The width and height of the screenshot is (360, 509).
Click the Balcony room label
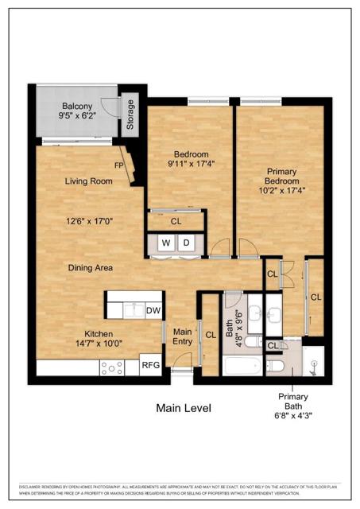click(78, 107)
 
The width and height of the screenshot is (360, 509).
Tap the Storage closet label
click(130, 115)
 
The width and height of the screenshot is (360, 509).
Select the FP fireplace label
click(118, 165)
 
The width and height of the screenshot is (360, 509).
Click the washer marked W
click(167, 243)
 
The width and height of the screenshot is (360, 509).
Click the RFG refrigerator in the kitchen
click(150, 366)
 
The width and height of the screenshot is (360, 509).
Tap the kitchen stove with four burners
click(110, 367)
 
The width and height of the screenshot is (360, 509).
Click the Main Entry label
click(183, 336)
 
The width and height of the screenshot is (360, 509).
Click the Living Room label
click(88, 181)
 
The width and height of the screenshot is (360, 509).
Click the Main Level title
click(183, 408)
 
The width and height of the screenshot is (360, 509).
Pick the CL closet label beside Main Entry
click(211, 335)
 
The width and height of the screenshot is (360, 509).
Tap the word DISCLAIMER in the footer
click(29, 486)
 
